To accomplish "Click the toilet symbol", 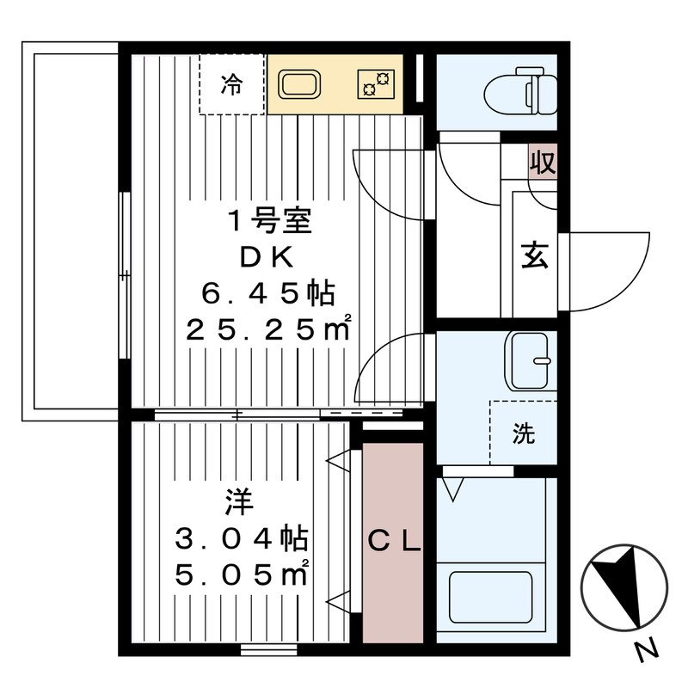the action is pos(521,91).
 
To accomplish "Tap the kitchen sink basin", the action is pos(298,84).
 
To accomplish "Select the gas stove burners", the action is pos(376,83).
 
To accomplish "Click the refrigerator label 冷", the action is pos(231,84).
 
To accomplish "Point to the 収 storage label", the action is pos(543,162).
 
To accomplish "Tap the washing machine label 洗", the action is pos(524,433).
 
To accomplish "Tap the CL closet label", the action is pos(394,542).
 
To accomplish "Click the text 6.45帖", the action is pos(268,293).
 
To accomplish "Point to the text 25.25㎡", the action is pos(268,329).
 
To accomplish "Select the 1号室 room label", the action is pos(269,221).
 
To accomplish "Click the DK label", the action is pos(267,257).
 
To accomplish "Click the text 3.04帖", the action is pos(242,539).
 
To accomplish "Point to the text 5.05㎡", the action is pos(242,574).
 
